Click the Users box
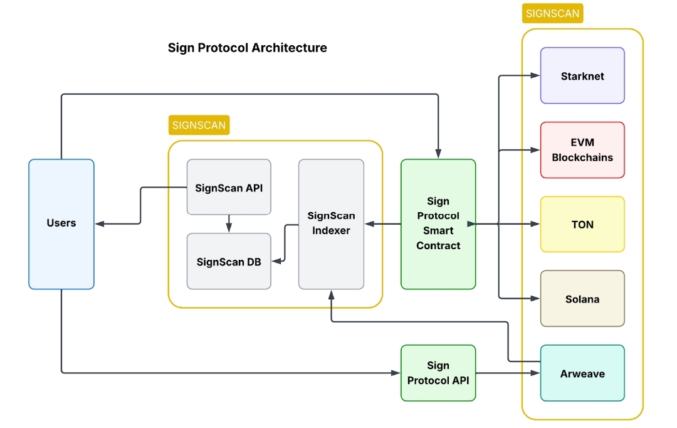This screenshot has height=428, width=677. pyautogui.click(x=61, y=223)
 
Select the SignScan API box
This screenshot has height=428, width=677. pyautogui.click(x=229, y=187)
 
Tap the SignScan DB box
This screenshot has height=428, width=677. pyautogui.click(x=229, y=262)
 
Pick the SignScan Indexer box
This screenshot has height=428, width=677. pyautogui.click(x=331, y=223)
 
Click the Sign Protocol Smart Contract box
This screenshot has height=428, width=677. pyautogui.click(x=438, y=223)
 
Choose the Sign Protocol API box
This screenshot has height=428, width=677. pyautogui.click(x=438, y=373)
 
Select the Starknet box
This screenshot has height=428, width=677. pyautogui.click(x=582, y=76)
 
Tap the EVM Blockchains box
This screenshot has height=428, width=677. pyautogui.click(x=582, y=150)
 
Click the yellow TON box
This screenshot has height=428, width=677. pyautogui.click(x=582, y=224)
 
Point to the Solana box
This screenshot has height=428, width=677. pyautogui.click(x=582, y=299)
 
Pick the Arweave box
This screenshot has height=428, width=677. pyautogui.click(x=582, y=373)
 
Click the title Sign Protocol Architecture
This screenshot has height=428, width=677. pyautogui.click(x=247, y=48)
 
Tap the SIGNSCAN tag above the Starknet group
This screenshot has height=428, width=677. pyautogui.click(x=552, y=13)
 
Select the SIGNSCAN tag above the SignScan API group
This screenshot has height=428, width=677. pyautogui.click(x=199, y=125)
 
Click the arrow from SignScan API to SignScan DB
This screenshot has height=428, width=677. pyautogui.click(x=229, y=223)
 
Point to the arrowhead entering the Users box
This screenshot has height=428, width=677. pyautogui.click(x=99, y=223)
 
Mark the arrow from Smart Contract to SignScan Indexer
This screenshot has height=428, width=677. pyautogui.click(x=382, y=223)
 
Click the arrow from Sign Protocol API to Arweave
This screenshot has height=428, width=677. pyautogui.click(x=508, y=373)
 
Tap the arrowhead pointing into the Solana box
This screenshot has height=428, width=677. pyautogui.click(x=535, y=299)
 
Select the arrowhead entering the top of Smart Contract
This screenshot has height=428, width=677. pyautogui.click(x=438, y=154)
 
